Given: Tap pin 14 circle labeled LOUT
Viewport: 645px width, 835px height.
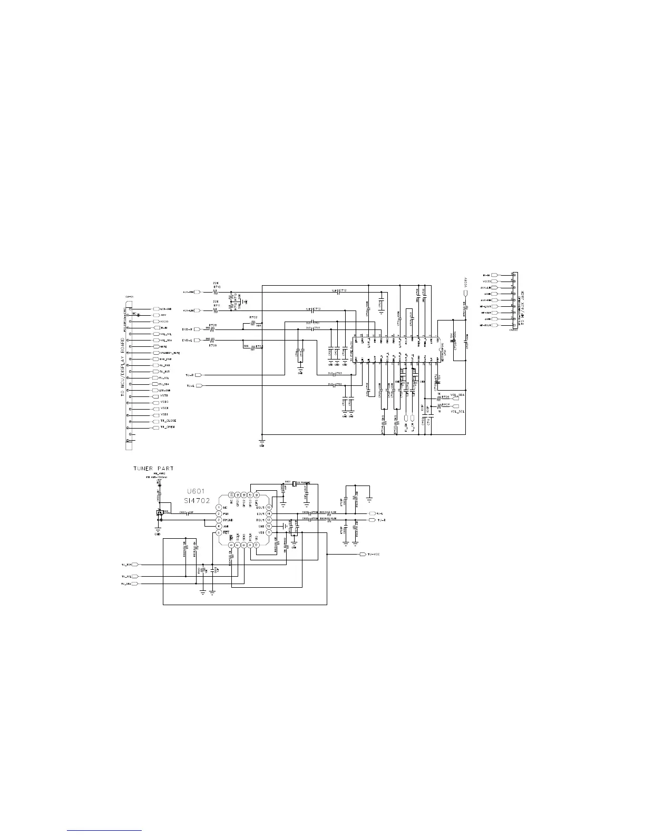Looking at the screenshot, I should click(x=269, y=513).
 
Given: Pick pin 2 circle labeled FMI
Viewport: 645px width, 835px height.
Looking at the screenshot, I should click(x=218, y=513).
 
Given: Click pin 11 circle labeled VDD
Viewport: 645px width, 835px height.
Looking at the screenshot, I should click(x=269, y=532).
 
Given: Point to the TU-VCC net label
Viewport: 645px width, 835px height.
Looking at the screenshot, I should click(x=374, y=555).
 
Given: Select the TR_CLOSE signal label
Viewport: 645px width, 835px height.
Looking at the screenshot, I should click(x=168, y=421).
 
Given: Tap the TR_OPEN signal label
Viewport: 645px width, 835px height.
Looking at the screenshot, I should click(x=167, y=427).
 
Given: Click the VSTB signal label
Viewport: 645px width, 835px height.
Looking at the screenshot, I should click(x=164, y=395).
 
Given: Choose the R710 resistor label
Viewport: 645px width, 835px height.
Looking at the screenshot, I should click(x=216, y=287).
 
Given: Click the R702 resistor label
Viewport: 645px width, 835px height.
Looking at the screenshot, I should click(x=253, y=318).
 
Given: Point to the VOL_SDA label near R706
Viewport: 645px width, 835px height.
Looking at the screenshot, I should click(x=457, y=394).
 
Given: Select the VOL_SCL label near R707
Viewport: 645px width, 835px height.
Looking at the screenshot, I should click(x=457, y=411).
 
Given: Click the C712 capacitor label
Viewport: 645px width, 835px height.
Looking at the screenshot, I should click(x=343, y=290).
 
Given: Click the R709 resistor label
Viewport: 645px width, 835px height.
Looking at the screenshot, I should click(x=212, y=346).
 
